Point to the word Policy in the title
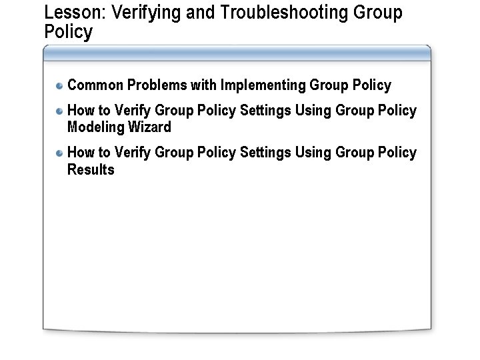coord(68,33)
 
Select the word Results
coord(91,169)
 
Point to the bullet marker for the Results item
coord(59,153)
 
